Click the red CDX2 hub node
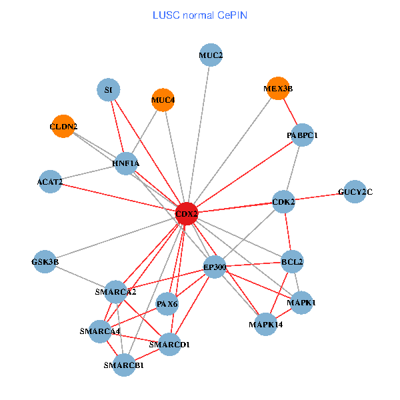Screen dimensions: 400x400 [187, 213]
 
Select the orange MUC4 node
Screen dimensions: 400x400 [163, 101]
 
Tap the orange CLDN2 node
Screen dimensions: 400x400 [63, 126]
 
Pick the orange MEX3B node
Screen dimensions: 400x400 [278, 87]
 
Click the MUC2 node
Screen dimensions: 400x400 [211, 55]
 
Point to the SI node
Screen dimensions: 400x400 [109, 89]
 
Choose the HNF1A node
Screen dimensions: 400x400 [126, 163]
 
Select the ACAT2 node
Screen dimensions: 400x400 [50, 181]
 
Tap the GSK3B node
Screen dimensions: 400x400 [45, 262]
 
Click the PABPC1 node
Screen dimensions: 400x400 [302, 135]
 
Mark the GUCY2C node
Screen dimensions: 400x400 [355, 192]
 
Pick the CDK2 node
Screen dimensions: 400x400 [283, 201]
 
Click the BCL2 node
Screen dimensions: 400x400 [292, 262]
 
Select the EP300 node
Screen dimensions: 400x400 [215, 268]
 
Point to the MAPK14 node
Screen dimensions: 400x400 [265, 325]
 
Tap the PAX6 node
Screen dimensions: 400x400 [167, 304]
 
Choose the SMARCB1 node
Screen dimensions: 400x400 [124, 365]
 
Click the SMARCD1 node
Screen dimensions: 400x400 [170, 345]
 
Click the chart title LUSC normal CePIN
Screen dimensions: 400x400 [200, 15]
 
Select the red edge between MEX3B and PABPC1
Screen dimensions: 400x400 [290, 111]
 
